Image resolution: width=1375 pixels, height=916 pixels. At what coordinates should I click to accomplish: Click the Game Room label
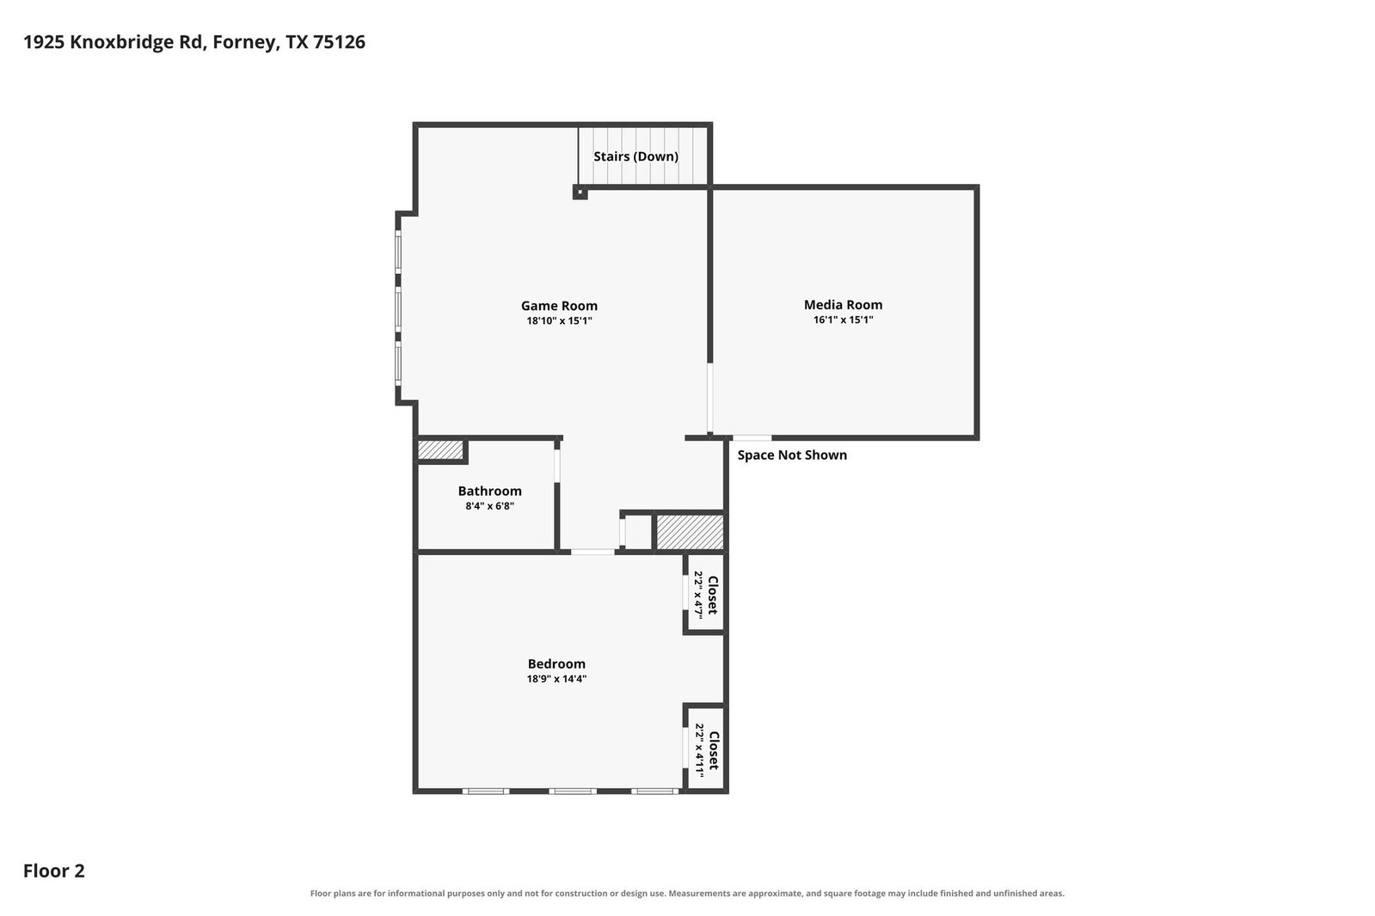559,306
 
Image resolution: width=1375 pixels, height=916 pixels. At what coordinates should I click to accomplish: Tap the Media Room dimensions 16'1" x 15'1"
843,320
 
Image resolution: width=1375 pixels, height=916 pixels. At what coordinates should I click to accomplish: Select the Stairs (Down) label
635,156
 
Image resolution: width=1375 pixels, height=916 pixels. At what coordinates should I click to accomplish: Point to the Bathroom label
489,491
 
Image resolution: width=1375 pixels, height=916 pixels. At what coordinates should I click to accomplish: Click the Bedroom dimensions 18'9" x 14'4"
556,679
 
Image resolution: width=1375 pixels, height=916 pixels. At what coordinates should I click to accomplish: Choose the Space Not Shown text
792,455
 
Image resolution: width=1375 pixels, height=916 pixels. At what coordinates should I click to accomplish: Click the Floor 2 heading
54,870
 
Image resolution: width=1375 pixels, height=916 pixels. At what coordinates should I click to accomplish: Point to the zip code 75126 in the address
339,42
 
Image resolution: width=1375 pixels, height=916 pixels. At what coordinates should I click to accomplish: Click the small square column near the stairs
580,192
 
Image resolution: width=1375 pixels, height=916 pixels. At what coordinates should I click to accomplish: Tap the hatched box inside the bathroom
440,449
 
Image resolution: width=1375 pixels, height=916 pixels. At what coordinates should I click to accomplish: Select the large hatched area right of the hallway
690,532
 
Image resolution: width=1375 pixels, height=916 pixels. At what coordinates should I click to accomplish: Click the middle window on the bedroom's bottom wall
572,791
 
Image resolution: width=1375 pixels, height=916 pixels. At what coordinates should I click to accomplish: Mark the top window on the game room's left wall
398,252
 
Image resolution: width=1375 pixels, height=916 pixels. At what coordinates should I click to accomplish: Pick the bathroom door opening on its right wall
557,465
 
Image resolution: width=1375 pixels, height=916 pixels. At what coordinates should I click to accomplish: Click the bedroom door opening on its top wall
592,553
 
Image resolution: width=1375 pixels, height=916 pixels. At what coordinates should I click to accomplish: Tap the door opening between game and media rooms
709,398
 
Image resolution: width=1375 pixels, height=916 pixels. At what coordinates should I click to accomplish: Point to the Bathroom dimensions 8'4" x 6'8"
489,506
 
